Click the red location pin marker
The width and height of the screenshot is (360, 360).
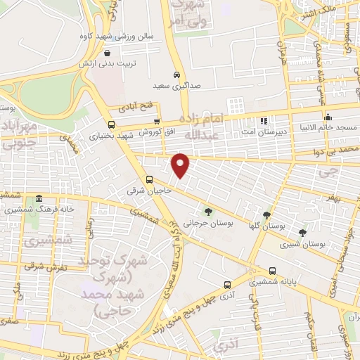(181, 165)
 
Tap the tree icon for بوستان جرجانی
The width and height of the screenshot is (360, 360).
(207, 211)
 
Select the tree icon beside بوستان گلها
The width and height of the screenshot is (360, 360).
(266, 215)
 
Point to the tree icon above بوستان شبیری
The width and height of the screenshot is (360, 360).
(302, 233)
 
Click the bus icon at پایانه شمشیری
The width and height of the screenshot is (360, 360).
(272, 271)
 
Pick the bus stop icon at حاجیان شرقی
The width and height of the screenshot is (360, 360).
(148, 179)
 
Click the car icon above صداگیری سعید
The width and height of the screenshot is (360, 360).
(176, 75)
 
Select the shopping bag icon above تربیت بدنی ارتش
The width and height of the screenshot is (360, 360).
(106, 53)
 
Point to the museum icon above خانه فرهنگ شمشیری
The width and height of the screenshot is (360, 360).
(38, 198)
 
